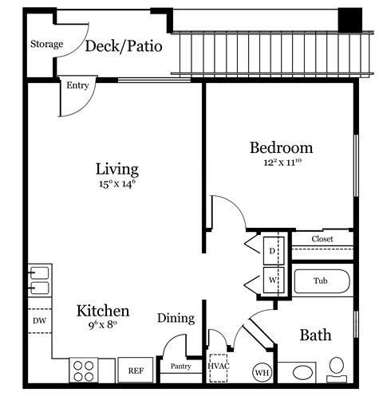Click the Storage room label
click(x=46, y=44)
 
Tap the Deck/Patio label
click(x=124, y=46)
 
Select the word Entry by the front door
click(x=78, y=85)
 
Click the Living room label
click(x=117, y=169)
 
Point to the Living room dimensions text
click(x=117, y=185)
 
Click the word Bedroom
click(x=281, y=147)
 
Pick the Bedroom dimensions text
click(x=281, y=163)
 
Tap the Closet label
click(x=322, y=239)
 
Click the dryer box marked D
click(x=271, y=250)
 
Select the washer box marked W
click(x=271, y=280)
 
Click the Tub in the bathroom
click(x=321, y=281)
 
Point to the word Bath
click(x=315, y=335)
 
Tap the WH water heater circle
click(x=262, y=372)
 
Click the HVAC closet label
click(x=218, y=366)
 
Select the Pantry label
click(x=180, y=367)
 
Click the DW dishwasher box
click(x=39, y=320)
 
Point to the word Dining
click(x=176, y=318)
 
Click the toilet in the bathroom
click(x=338, y=368)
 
